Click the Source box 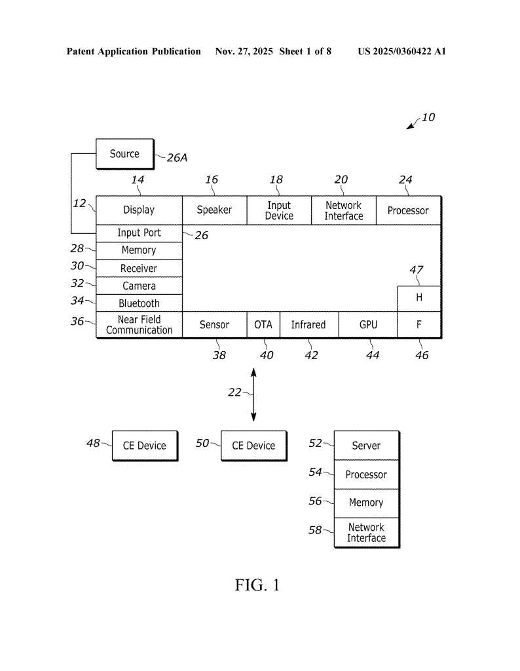[x=124, y=154]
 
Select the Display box [x=139, y=210]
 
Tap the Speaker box [x=214, y=210]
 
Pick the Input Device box [x=279, y=210]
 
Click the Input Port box [x=139, y=233]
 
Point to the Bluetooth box [x=139, y=303]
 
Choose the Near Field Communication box [x=139, y=325]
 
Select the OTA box [x=263, y=325]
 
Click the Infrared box [x=308, y=325]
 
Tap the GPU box [x=368, y=325]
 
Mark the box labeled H [x=419, y=298]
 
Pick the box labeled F [x=419, y=325]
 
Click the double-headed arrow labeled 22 [x=254, y=395]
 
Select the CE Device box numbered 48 [x=145, y=446]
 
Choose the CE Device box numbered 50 [x=253, y=446]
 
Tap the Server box [x=366, y=446]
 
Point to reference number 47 [x=417, y=269]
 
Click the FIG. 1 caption [x=257, y=585]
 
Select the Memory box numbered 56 [x=366, y=503]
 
